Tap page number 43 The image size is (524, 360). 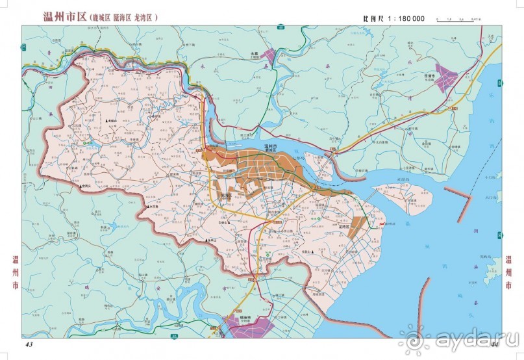[x=29, y=344]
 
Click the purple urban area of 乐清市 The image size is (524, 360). [x=447, y=72]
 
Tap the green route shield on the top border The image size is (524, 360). [x=279, y=27]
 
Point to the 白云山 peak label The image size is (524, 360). [x=225, y=222]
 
